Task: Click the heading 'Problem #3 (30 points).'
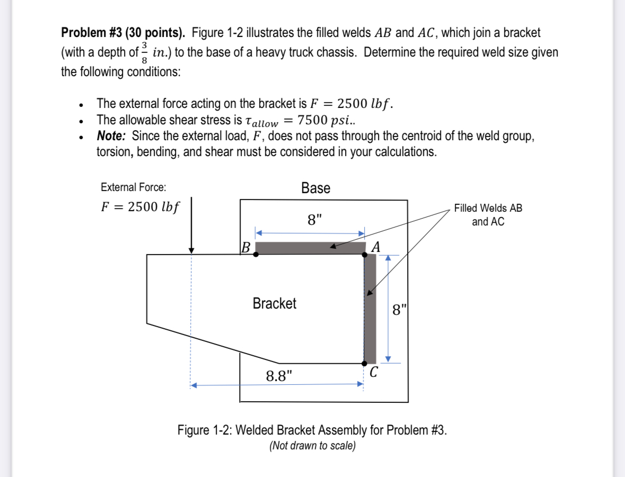123,33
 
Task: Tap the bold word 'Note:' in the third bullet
111,136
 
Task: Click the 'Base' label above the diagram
315,188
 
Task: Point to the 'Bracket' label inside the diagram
274,303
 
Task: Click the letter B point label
245,247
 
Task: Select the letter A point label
376,247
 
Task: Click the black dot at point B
256,254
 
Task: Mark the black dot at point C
365,363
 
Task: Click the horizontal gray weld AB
310,248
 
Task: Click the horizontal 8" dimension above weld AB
314,219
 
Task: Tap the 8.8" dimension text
279,376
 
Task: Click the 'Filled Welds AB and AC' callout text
488,215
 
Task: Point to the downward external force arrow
191,225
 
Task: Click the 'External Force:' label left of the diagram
133,187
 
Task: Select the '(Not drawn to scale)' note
312,446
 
